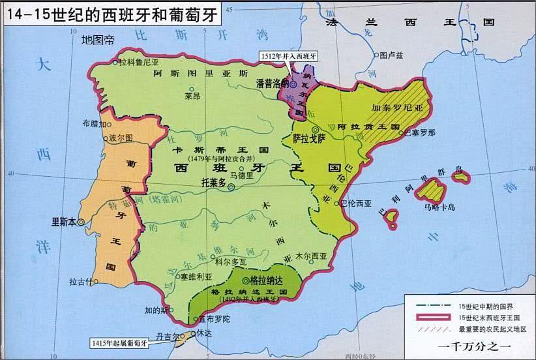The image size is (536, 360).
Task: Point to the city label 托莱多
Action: tap(213, 184)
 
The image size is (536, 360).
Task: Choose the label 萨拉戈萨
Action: tap(308, 140)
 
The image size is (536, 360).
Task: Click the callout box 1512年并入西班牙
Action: tap(286, 56)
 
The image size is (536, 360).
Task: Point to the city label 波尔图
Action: tap(121, 139)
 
